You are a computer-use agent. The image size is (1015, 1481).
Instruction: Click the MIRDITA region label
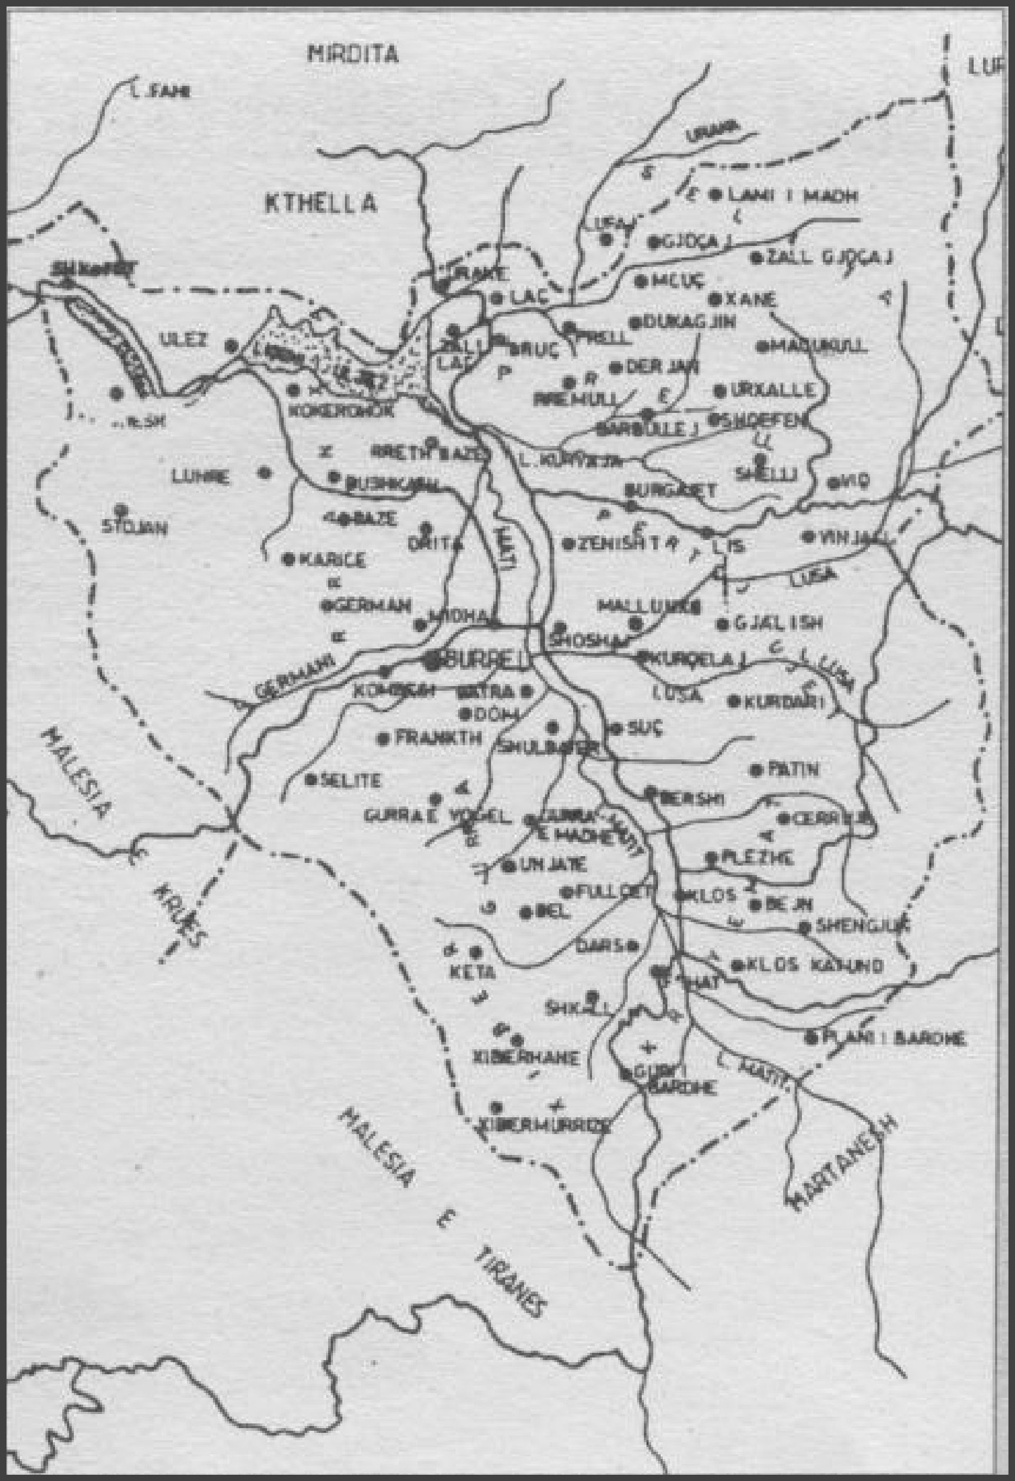pos(353,54)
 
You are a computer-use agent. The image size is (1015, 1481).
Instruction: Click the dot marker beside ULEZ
pos(232,345)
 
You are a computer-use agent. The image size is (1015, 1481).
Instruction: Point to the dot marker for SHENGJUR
pos(805,927)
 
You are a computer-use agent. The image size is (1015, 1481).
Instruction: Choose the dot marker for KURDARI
pos(733,701)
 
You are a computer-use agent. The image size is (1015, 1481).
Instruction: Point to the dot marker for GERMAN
pos(325,606)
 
